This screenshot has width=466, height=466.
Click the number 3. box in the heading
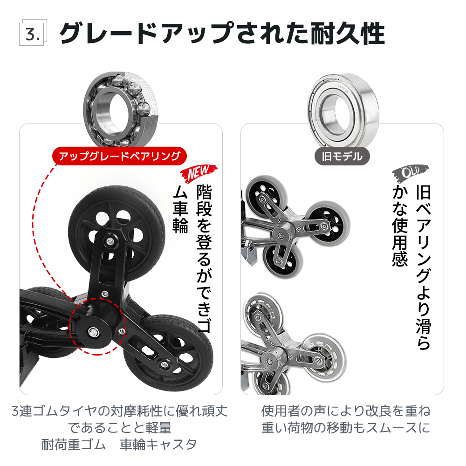point(32,34)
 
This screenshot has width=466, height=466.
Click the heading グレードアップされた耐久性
point(222,33)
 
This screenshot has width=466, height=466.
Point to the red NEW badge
point(199,173)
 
